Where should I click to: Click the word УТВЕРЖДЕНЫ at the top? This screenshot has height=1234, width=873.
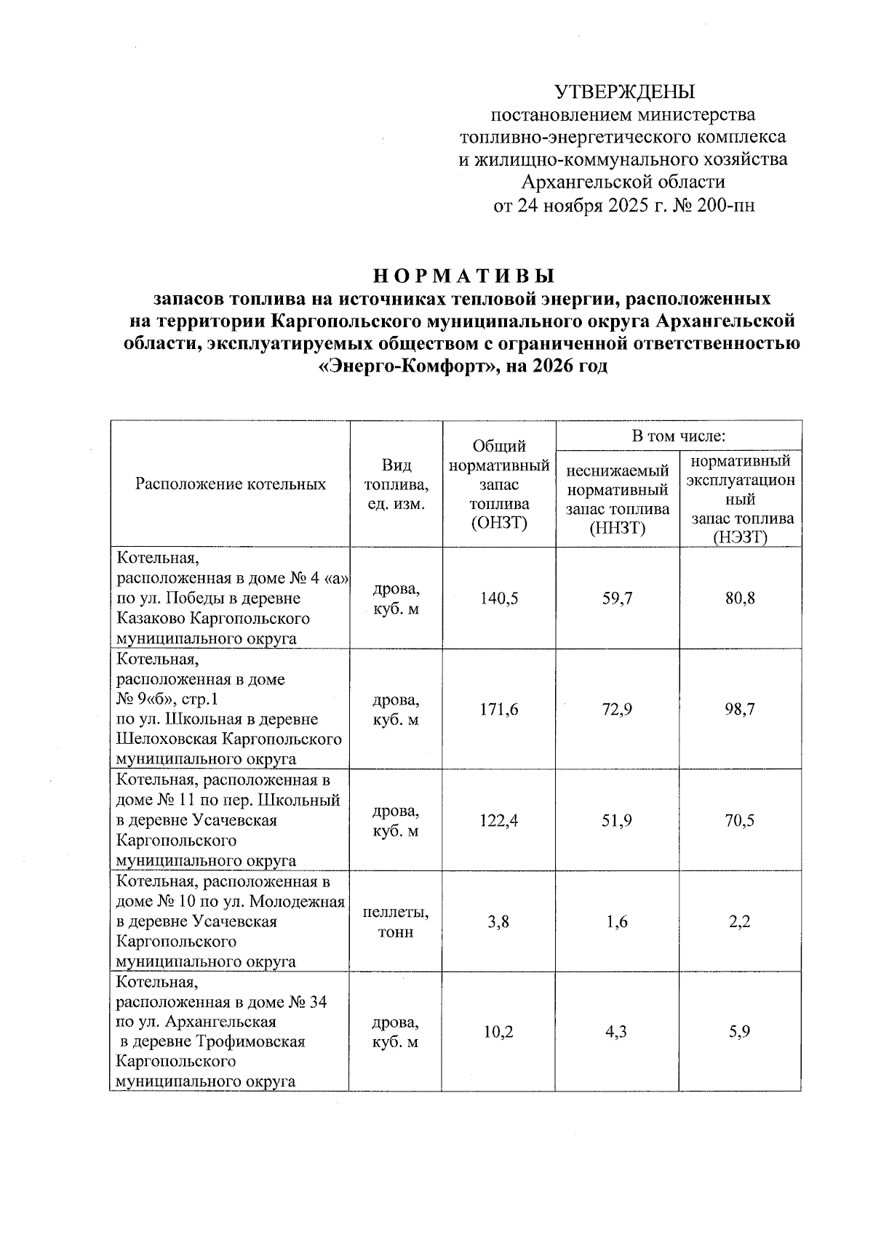pyautogui.click(x=625, y=92)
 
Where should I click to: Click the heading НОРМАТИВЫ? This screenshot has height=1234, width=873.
pyautogui.click(x=464, y=276)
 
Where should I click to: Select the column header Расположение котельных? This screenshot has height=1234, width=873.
pyautogui.click(x=230, y=484)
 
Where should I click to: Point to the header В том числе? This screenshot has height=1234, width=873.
pyautogui.click(x=679, y=436)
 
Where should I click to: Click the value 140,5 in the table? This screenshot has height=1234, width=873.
pyautogui.click(x=499, y=598)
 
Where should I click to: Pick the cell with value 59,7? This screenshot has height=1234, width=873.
pyautogui.click(x=617, y=598)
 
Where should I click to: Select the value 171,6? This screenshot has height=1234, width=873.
pyautogui.click(x=499, y=709)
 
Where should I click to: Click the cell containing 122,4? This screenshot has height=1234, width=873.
pyautogui.click(x=499, y=820)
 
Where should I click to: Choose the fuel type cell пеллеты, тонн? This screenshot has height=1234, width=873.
pyautogui.click(x=395, y=922)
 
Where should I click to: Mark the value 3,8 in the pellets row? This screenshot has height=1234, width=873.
pyautogui.click(x=499, y=922)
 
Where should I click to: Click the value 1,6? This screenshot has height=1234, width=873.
pyautogui.click(x=617, y=922)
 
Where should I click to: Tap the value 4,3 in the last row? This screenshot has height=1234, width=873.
pyautogui.click(x=617, y=1032)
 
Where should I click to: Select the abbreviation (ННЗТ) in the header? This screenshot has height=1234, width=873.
pyautogui.click(x=617, y=528)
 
